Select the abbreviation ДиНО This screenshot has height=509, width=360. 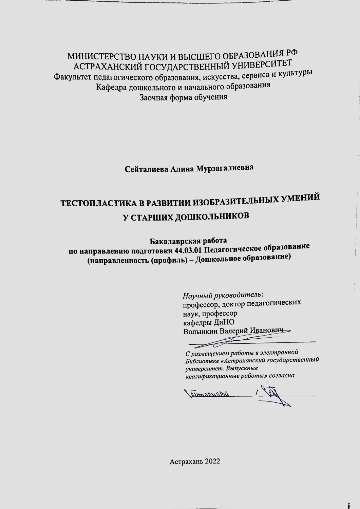(x=224, y=322)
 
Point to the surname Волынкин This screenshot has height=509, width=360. (x=200, y=332)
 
